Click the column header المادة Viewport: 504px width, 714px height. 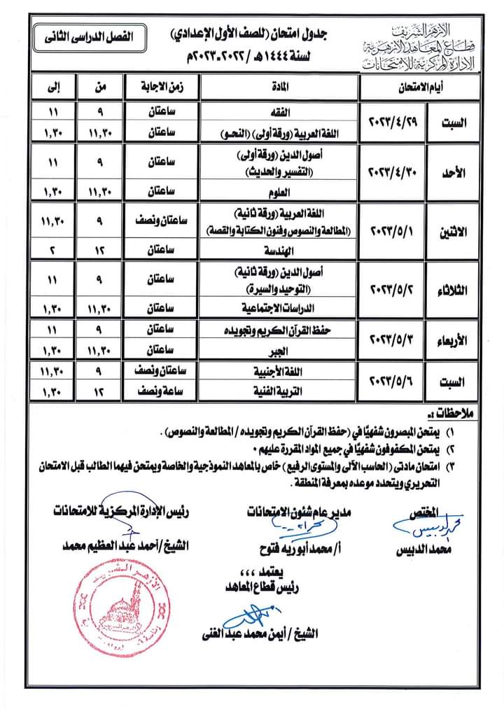point(279,88)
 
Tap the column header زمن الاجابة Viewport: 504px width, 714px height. point(162,88)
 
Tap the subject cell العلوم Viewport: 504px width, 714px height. point(279,190)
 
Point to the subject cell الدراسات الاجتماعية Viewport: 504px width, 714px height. point(279,307)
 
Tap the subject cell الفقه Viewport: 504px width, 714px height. point(279,111)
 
